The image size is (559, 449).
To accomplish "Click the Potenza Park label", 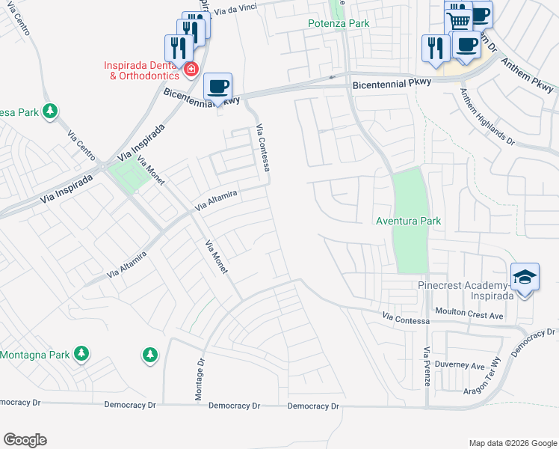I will point(339,23).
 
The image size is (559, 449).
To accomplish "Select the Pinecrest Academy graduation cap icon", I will point(525,278).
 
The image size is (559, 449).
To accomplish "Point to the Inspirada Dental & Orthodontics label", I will point(142,70).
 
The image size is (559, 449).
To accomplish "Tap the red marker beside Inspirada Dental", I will point(191,70).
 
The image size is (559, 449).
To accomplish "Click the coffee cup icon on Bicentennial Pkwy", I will point(217,87).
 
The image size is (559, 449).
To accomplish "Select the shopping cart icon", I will point(459,19).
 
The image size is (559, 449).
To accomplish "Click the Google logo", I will point(25,440).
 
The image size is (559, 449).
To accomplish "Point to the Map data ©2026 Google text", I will point(512,443).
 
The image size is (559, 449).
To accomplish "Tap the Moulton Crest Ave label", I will point(469,315).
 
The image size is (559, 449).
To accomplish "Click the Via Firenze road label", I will point(427,366).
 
